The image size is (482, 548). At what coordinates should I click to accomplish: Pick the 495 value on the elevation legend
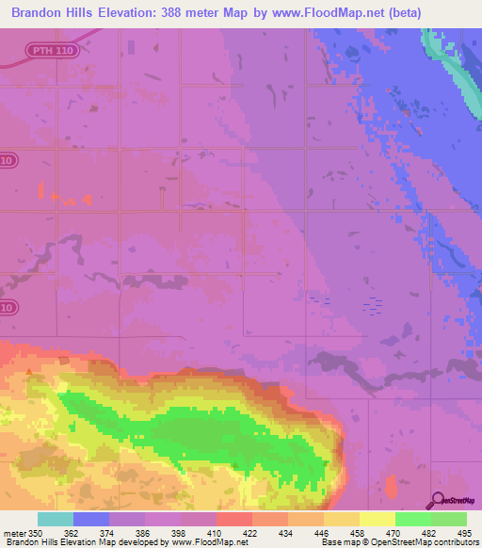[465, 532]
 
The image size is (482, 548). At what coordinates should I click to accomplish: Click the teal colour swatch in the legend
[56, 519]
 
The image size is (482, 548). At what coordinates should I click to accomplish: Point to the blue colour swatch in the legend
[91, 519]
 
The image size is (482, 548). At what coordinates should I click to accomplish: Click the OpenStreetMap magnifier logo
[437, 501]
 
